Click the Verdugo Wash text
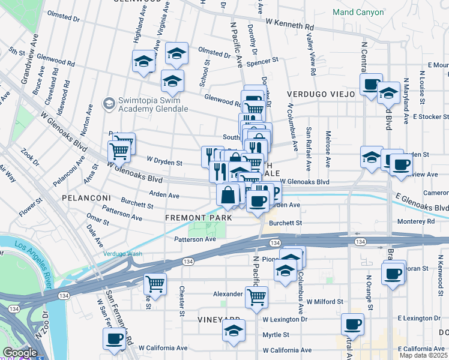point(122,254)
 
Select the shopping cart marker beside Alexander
point(257,296)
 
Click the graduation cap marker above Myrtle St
point(234,331)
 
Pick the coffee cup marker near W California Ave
point(113,339)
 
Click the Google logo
point(20,353)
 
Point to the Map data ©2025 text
point(423,355)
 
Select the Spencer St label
point(263,61)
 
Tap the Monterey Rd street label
point(414,221)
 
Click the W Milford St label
point(324,302)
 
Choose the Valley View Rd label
point(311,55)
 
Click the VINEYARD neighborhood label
point(219,320)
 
